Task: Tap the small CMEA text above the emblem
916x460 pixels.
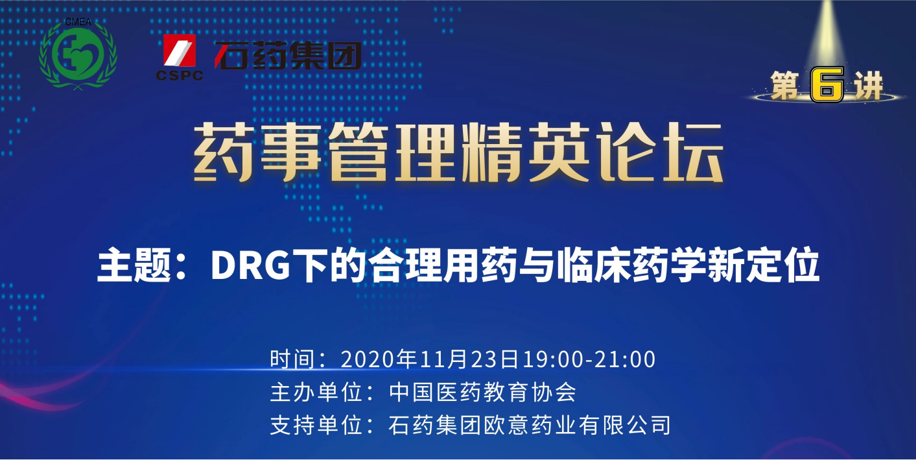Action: (x=78, y=21)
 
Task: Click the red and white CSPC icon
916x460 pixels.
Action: (x=179, y=50)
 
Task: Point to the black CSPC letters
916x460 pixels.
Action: (x=180, y=75)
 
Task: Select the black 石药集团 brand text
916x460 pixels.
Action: (x=288, y=55)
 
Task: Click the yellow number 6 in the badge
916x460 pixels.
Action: (x=827, y=84)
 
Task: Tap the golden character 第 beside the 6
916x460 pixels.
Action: (x=785, y=85)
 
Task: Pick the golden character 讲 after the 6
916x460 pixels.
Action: (x=868, y=85)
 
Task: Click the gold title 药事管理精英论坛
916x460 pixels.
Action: (x=458, y=152)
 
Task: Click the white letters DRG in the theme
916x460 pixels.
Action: (x=250, y=265)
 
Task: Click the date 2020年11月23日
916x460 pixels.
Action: (x=430, y=359)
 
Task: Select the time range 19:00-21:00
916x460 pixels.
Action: (x=589, y=359)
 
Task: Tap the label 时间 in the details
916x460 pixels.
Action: (x=292, y=359)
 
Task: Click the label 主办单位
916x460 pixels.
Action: (x=316, y=392)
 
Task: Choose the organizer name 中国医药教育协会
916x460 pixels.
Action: (x=482, y=392)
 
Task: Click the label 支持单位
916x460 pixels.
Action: (x=316, y=425)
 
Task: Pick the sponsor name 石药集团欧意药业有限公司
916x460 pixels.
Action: (x=530, y=425)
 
